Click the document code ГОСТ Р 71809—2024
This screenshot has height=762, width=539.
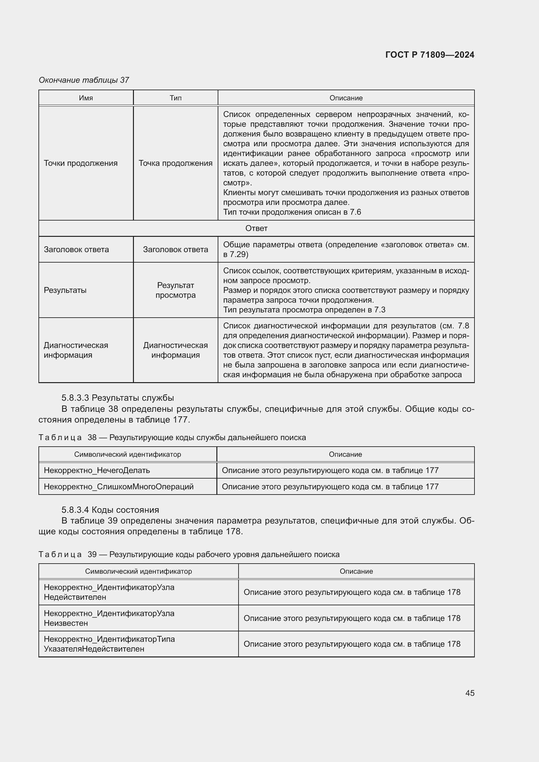430,55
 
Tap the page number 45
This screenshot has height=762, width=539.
470,693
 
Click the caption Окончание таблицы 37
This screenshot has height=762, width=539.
84,80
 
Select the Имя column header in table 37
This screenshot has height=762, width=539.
86,98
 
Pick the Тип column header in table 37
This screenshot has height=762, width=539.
176,98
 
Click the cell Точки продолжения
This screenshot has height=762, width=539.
80,163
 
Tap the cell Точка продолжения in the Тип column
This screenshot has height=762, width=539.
176,163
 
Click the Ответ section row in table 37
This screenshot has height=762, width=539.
256,228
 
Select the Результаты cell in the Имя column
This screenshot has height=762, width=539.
65,290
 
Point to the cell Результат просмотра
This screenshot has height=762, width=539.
176,290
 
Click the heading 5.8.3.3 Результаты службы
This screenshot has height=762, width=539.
118,397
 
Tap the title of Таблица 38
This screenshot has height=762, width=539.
172,438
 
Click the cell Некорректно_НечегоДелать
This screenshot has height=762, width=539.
97,470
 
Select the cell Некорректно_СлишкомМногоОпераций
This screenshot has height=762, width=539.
119,486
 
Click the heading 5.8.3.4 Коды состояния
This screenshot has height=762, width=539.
110,510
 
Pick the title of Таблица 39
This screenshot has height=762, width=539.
189,554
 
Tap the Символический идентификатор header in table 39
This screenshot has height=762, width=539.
138,571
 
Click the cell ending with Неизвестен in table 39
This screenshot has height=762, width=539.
109,618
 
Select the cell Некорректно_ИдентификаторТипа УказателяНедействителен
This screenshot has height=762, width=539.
109,644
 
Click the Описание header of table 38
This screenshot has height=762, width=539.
345,454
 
